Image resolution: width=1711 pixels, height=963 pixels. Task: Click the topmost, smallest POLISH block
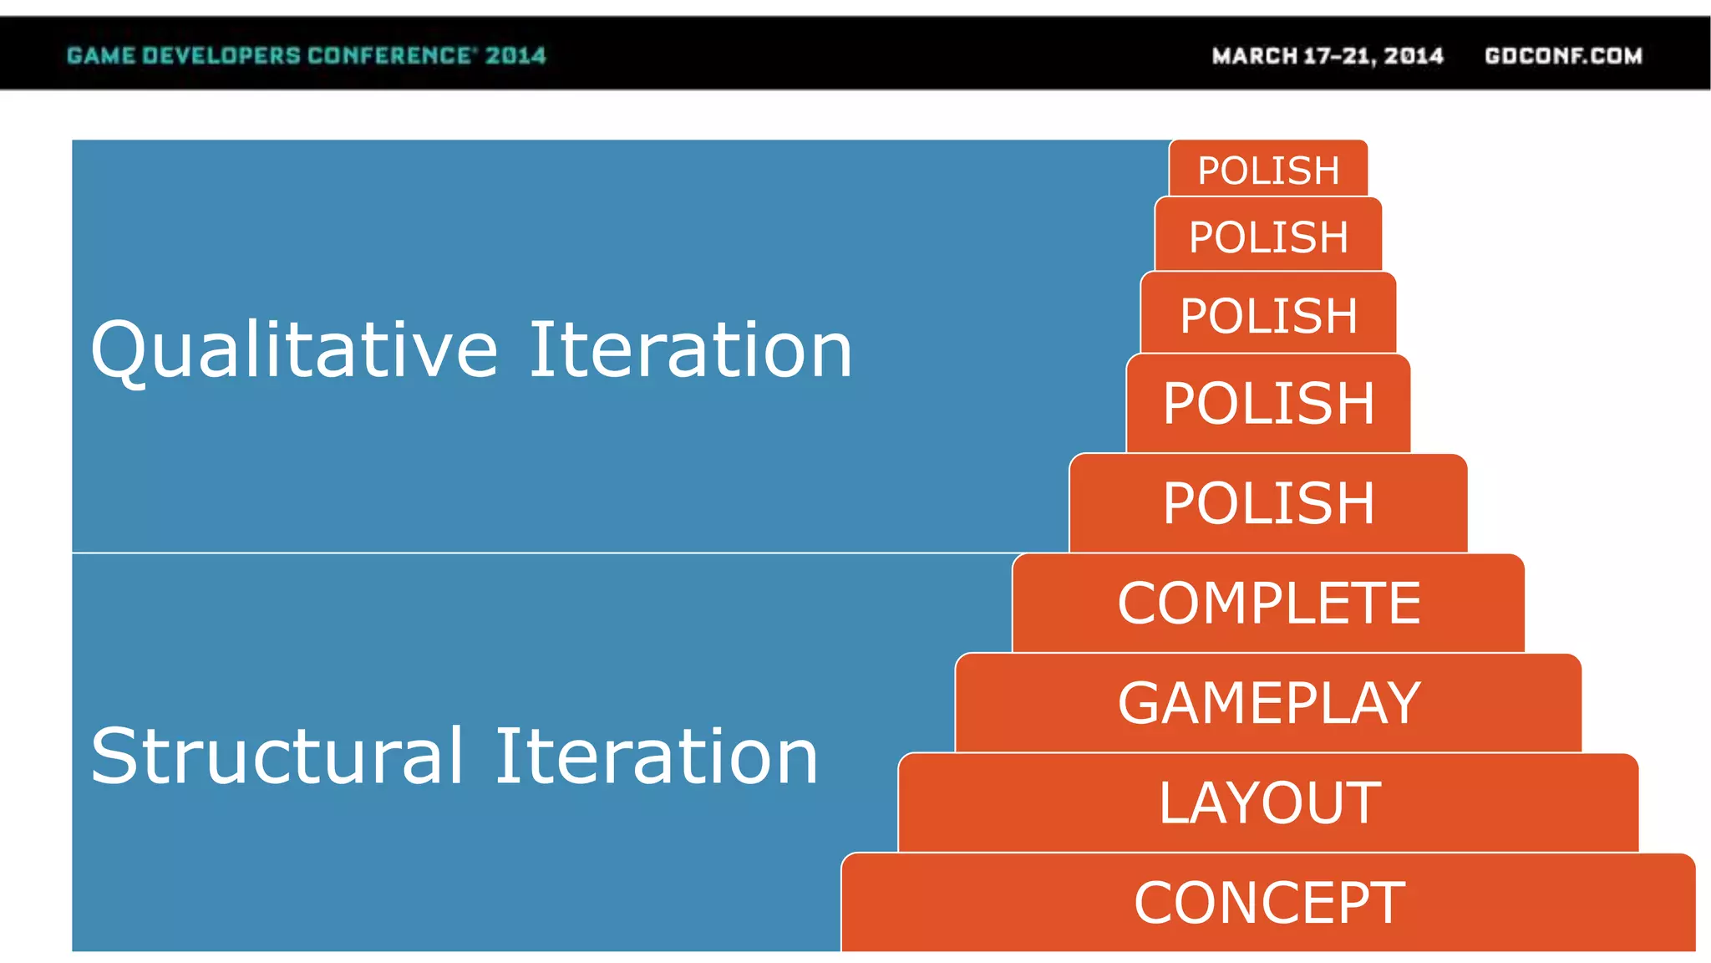coord(1268,170)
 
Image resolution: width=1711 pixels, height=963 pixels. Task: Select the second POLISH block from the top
coord(1268,237)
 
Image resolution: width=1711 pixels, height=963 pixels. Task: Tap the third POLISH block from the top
coord(1268,315)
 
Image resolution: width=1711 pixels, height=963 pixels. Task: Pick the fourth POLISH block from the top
coord(1268,403)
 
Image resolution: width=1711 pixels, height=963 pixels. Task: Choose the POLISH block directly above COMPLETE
coord(1268,503)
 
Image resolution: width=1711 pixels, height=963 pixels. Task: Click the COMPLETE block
coord(1268,603)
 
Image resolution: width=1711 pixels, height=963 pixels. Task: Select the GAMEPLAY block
coord(1268,703)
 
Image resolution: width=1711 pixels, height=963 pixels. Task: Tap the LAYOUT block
coord(1268,802)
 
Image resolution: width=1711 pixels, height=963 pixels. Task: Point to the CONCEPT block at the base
coord(1268,903)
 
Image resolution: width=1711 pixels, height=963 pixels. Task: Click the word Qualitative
coord(294,350)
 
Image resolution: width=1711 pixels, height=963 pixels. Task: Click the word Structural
coord(277,757)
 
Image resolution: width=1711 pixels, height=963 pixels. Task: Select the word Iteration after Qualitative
coord(691,350)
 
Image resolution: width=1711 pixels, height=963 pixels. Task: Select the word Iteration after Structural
coord(657,757)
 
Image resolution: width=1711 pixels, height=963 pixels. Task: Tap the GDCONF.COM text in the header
coord(1563,56)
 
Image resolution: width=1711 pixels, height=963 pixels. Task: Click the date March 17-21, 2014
coord(1328,56)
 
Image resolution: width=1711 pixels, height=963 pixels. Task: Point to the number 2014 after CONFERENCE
coord(515,56)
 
